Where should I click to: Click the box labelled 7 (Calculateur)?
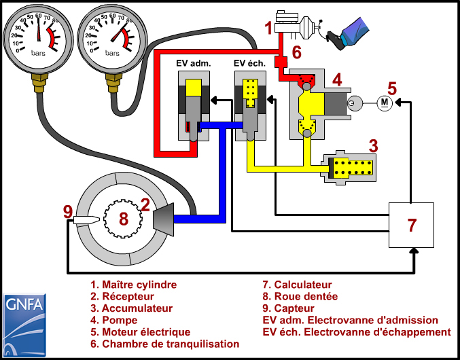pyautogui.click(x=412, y=225)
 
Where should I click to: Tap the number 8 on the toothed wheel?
pyautogui.click(x=123, y=219)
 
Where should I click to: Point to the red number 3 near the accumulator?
pyautogui.click(x=373, y=145)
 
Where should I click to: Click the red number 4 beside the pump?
pyautogui.click(x=336, y=80)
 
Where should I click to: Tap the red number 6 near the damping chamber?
pyautogui.click(x=296, y=52)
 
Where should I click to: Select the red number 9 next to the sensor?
pyautogui.click(x=67, y=212)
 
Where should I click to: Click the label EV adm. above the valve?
pyautogui.click(x=194, y=63)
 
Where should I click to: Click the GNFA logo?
pyautogui.click(x=24, y=323)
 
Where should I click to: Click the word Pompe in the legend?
pyautogui.click(x=120, y=320)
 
